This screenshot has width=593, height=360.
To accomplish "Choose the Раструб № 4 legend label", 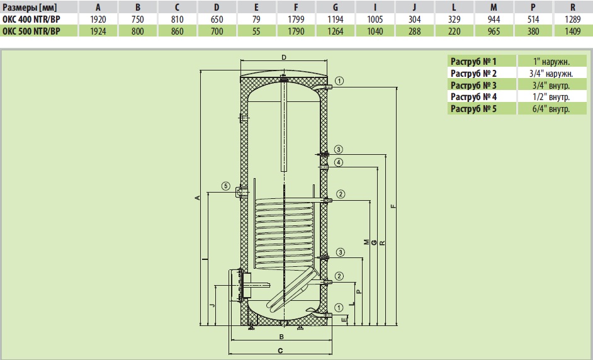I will pyautogui.click(x=474, y=97).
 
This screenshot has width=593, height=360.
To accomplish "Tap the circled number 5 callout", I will pyautogui.click(x=225, y=186).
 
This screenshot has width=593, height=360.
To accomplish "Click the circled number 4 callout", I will pyautogui.click(x=339, y=162).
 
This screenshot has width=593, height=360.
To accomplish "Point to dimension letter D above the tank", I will pyautogui.click(x=284, y=58).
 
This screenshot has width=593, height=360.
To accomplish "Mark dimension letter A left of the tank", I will pyautogui.click(x=198, y=198).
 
